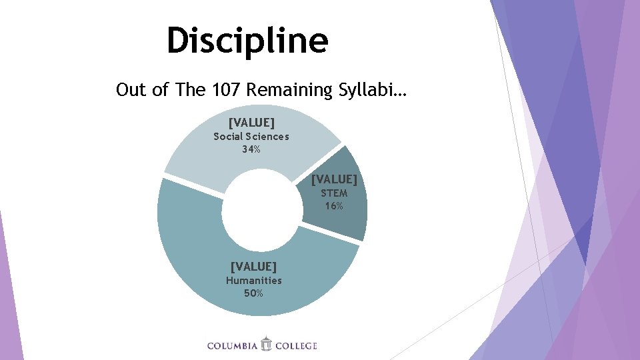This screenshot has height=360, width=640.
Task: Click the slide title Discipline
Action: pos(247,40)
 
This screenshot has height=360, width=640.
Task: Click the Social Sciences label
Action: pos(251,137)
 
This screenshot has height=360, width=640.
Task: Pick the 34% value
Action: pos(251,149)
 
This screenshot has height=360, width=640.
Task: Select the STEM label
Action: pos(334,193)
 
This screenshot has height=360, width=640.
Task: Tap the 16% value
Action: pos(334,205)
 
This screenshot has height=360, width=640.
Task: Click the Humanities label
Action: pos(254,280)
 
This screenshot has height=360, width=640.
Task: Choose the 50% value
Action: pos(254,293)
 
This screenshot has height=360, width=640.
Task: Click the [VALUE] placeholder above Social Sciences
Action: pos(251,123)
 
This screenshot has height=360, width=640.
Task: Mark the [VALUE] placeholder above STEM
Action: pos(334,179)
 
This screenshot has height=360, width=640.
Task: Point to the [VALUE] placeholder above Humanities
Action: pos(254,267)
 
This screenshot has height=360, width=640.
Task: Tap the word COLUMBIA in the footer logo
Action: pos(232,345)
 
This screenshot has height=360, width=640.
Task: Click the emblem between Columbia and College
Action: pos(267,344)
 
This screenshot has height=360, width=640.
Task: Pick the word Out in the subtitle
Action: pos(129,90)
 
